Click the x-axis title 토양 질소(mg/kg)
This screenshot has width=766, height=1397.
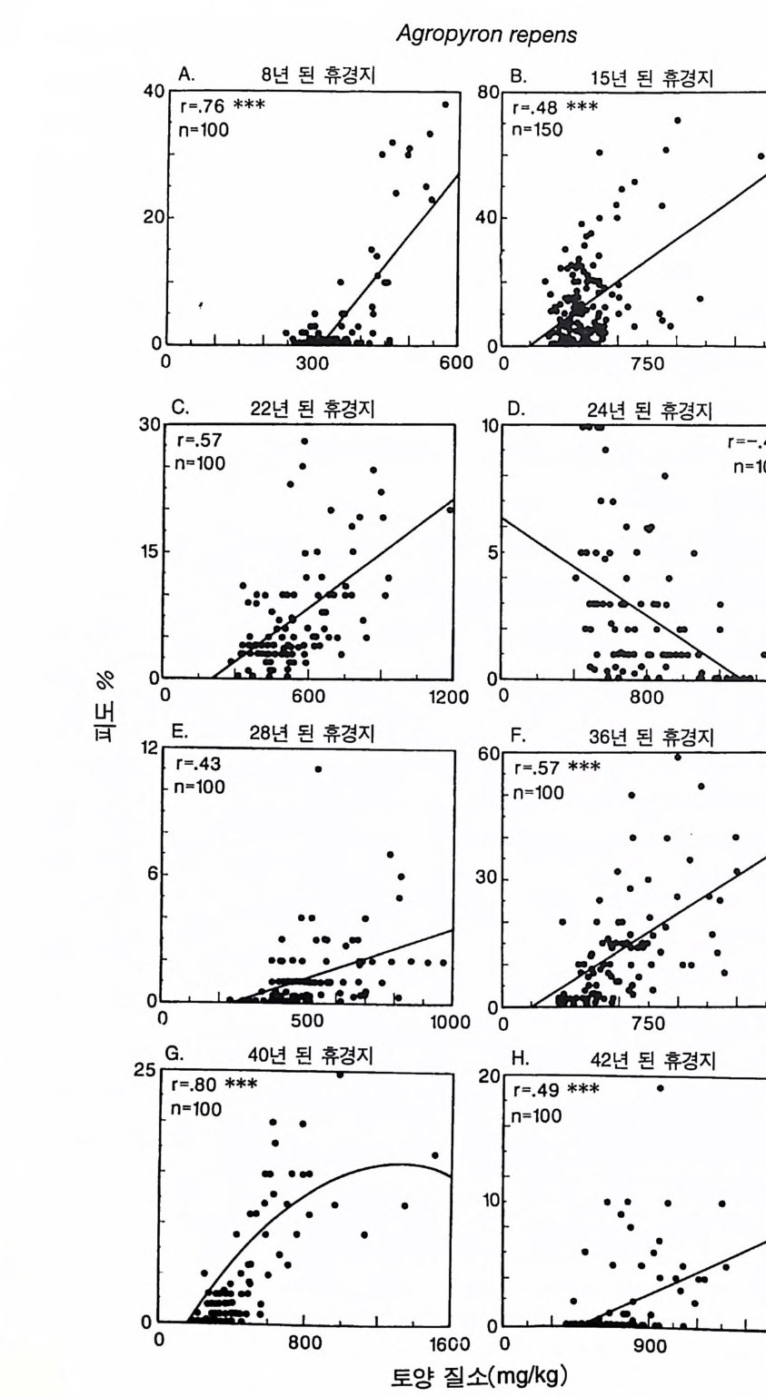pyautogui.click(x=479, y=1375)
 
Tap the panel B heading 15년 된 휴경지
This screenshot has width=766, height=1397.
pyautogui.click(x=652, y=77)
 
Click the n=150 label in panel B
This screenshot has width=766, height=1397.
pyautogui.click(x=537, y=129)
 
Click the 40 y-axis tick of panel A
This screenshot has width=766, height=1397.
pyautogui.click(x=152, y=91)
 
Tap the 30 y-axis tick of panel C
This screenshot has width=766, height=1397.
pyautogui.click(x=152, y=425)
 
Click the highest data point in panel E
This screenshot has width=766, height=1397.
pyautogui.click(x=318, y=769)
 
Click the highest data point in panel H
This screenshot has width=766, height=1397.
pyautogui.click(x=660, y=1087)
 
